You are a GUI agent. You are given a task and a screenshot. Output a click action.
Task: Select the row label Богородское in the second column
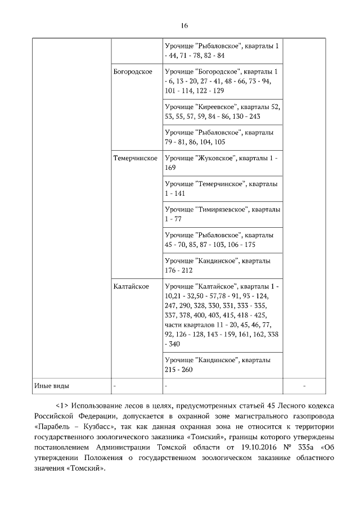pyautogui.click(x=133, y=73)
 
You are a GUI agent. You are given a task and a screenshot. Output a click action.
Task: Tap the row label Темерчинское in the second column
pyautogui.click(x=135, y=159)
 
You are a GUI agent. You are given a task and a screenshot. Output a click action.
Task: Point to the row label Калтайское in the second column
pyautogui.click(x=131, y=287)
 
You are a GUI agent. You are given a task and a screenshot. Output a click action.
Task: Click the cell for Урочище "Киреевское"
pyautogui.click(x=222, y=111)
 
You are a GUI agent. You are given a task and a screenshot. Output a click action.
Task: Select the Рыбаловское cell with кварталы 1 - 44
pyautogui.click(x=222, y=51)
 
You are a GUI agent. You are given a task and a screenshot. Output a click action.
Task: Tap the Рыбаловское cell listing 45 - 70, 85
pyautogui.click(x=222, y=239)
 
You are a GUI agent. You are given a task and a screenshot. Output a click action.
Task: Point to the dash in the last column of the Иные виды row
pyautogui.click(x=304, y=386)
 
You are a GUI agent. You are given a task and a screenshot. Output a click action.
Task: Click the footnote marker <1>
pyautogui.click(x=62, y=407)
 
